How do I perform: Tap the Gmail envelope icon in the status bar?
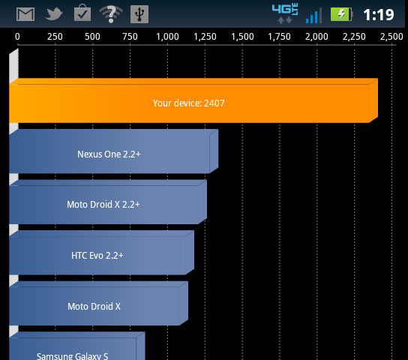(x=25, y=14)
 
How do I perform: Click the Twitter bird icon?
(x=53, y=13)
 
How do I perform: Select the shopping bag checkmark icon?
(x=82, y=13)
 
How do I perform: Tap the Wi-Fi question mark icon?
(x=111, y=13)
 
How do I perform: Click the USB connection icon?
(x=139, y=14)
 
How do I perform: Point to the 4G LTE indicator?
(x=285, y=13)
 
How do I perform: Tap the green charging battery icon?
(x=341, y=14)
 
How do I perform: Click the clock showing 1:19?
(x=379, y=14)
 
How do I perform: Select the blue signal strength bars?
(x=313, y=16)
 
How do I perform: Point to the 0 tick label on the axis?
(x=17, y=37)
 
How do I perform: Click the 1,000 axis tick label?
(x=167, y=37)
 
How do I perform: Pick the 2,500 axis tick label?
(x=391, y=37)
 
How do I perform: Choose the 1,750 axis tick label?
(x=280, y=37)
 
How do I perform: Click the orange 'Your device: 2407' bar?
(x=193, y=100)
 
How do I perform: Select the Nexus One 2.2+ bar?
(x=114, y=151)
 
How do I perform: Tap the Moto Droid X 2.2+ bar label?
(x=103, y=205)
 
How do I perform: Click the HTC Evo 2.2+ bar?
(x=101, y=253)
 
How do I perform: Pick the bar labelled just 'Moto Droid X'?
(x=98, y=303)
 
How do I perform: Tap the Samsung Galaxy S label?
(x=72, y=355)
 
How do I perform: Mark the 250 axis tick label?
(x=55, y=37)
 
